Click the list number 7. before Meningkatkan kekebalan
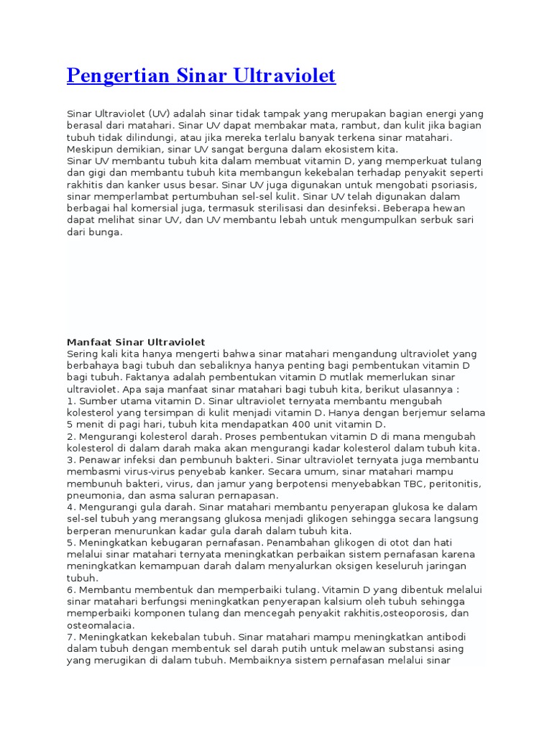click(x=70, y=636)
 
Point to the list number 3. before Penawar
click(x=70, y=459)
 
